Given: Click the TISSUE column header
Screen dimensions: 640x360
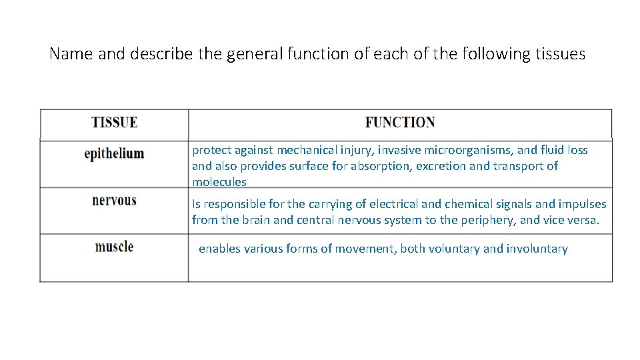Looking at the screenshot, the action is pos(114,123).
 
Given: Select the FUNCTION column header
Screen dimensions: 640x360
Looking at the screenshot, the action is pos(400,123).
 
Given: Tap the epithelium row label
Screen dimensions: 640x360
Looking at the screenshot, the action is pos(114,153).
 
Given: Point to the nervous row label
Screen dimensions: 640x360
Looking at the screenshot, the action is pos(114,201).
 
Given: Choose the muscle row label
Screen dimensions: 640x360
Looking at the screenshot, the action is pos(114,247).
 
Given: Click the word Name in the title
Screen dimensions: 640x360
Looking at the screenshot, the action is pos(71,54).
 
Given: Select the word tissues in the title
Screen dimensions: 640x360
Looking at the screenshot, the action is pos(560,54).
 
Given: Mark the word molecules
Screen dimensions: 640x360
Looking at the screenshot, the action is pos(219,182).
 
